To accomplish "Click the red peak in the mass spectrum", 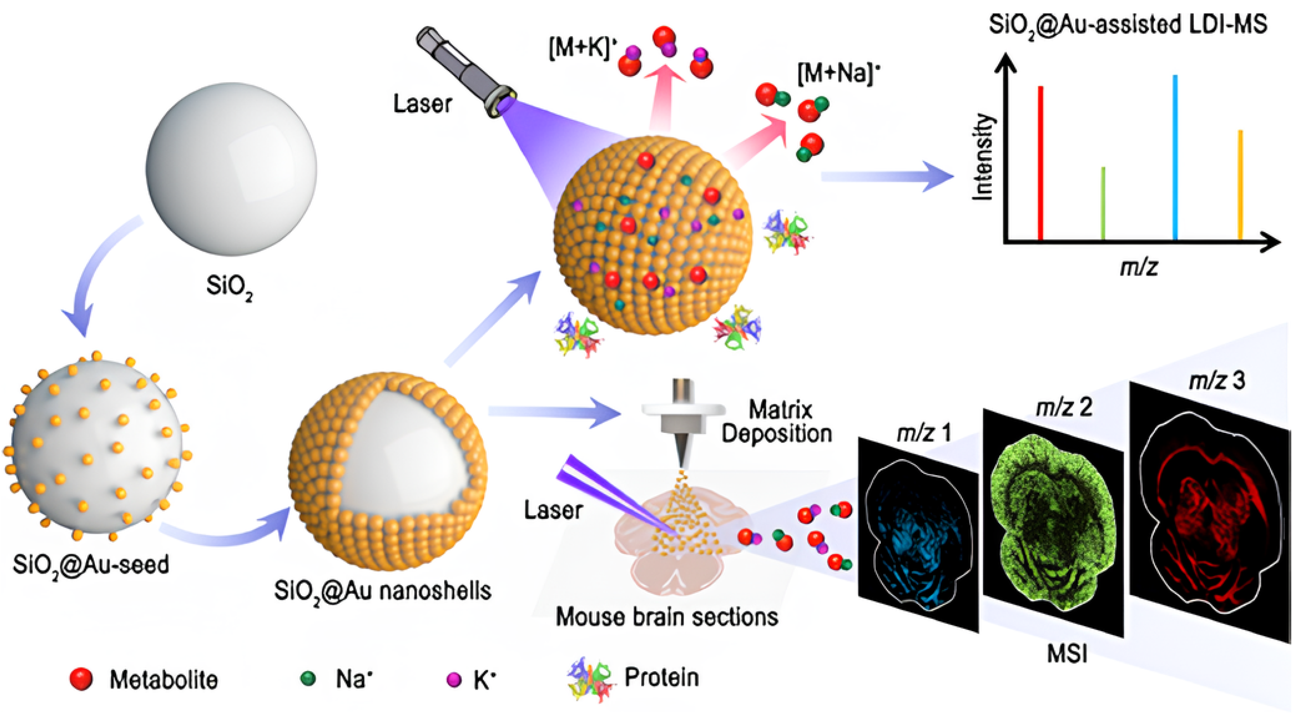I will pos(1040,162).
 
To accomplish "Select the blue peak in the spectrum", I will pos(1175,157).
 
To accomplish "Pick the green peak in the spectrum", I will pos(1103,203).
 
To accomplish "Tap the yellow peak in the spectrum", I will pos(1240,185).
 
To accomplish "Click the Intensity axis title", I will pos(982,157).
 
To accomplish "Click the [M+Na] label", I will pos(838,74).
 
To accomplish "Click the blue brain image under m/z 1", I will pos(918,538).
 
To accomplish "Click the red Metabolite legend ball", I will pos(81,678).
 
